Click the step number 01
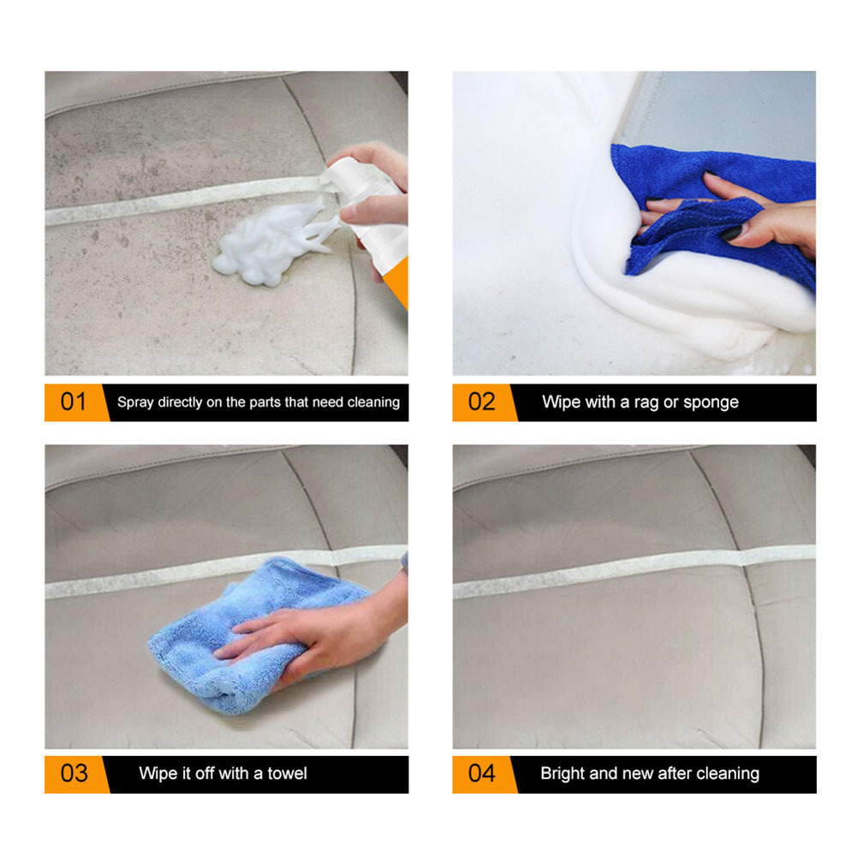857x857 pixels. point(73,402)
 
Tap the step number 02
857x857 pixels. point(481,402)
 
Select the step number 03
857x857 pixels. point(74,773)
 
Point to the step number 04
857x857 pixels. point(481,773)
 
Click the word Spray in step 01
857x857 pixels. point(135,402)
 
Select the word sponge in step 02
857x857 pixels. point(710,402)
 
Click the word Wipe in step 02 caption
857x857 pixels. point(562,402)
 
